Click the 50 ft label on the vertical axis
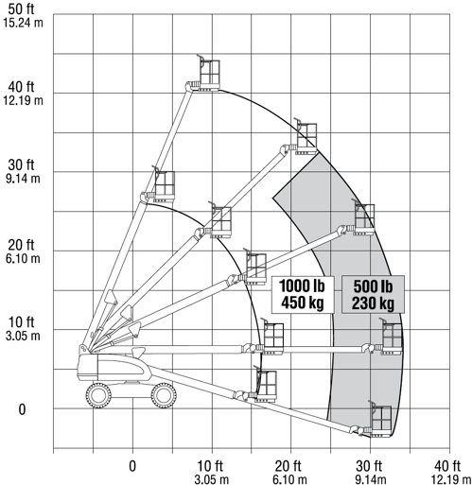click(21, 9)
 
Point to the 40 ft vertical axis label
click(21, 86)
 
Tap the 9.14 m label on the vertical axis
click(23, 179)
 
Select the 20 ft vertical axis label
click(21, 244)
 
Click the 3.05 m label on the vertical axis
click(23, 336)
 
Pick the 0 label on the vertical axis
click(22, 409)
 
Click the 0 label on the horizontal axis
click(132, 466)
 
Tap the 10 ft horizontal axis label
click(210, 465)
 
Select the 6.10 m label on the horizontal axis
click(289, 479)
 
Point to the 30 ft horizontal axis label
click(369, 465)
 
